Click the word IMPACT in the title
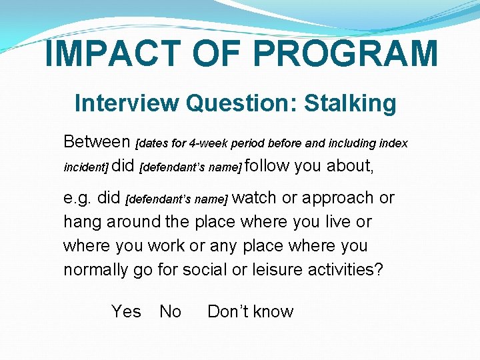[x=111, y=54]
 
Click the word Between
[x=97, y=141]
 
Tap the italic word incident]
[x=85, y=167]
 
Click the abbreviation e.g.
[x=77, y=198]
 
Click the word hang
[x=79, y=221]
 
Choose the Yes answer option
[x=126, y=311]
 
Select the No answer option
[x=170, y=311]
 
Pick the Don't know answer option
[x=250, y=311]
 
